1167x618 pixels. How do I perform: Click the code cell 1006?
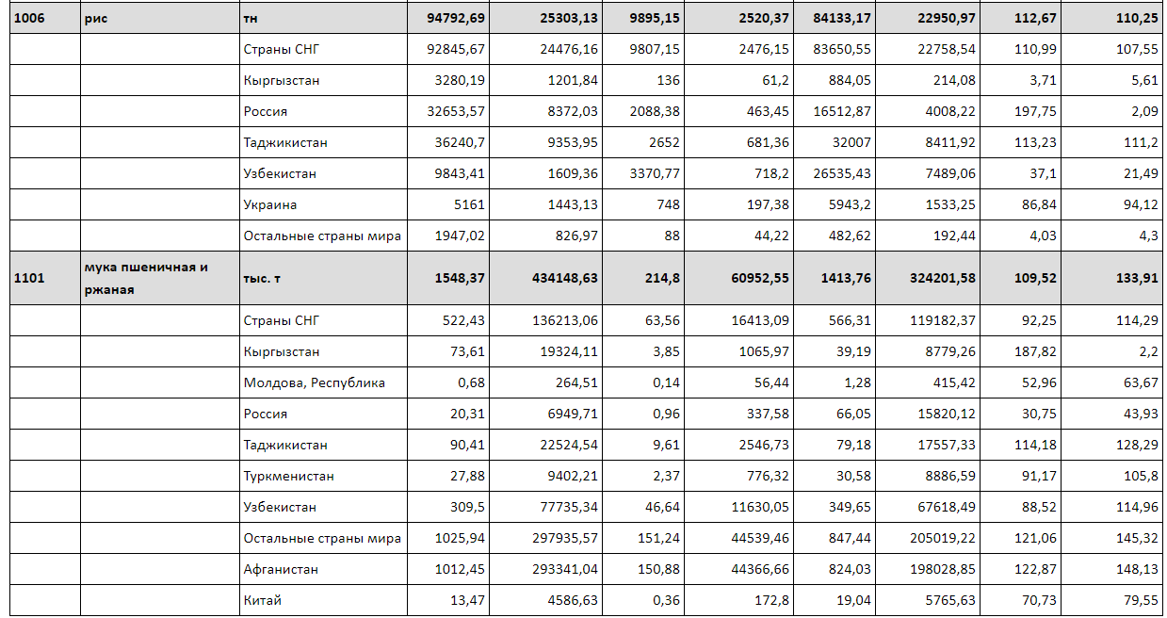29,18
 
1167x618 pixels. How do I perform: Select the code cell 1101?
29,278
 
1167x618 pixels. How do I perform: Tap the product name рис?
96,19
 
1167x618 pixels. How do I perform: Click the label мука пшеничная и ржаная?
146,278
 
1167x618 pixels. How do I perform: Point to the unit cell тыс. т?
262,278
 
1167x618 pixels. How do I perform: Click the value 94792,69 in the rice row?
456,18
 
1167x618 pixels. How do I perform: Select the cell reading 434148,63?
565,278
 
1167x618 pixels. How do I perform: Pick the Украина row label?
270,204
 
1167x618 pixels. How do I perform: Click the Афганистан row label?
281,569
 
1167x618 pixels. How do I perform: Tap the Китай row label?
262,600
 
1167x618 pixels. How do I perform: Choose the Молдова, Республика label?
315,383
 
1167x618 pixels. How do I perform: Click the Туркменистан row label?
288,477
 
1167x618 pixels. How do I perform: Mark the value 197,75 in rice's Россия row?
1035,111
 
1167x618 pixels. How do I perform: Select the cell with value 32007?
851,142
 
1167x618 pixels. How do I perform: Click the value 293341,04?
565,569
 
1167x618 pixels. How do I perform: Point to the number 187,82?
1035,351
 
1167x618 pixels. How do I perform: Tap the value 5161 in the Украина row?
469,204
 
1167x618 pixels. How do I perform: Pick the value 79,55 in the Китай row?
1141,600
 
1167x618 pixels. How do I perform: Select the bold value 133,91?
1137,278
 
